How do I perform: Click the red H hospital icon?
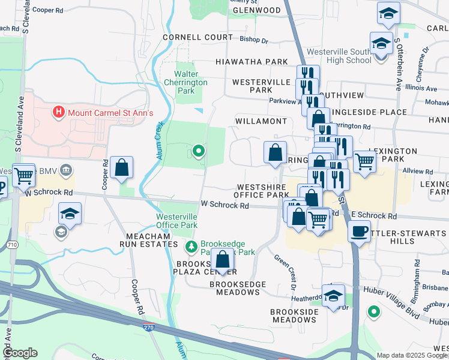tap(58, 112)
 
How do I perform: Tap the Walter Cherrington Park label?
tap(187, 82)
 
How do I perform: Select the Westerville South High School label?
tap(339, 56)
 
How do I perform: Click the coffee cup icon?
tap(360, 232)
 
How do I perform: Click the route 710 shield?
tap(12, 245)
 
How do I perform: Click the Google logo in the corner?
tap(19, 353)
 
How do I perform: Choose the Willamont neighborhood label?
tap(261, 121)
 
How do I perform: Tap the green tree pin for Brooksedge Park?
tap(191, 245)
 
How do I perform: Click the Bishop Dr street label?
tap(253, 40)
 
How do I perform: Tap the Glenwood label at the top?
tap(256, 11)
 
